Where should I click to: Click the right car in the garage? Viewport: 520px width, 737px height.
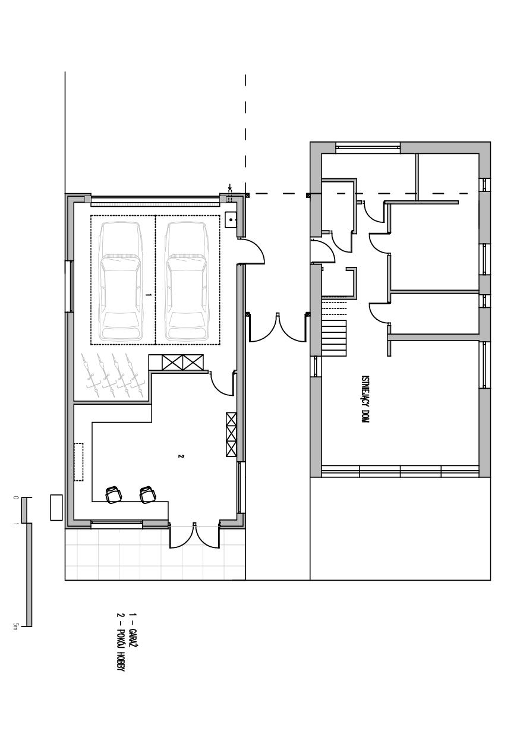[x=187, y=282]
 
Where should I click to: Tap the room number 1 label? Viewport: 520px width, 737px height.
[x=149, y=295]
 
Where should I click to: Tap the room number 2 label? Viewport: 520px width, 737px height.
[x=180, y=456]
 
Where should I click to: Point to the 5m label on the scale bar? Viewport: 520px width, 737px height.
[x=15, y=625]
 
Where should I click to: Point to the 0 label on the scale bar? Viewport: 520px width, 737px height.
[x=15, y=498]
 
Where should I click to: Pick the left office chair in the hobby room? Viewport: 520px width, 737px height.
[x=113, y=495]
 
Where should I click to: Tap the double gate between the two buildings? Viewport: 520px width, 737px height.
[x=278, y=327]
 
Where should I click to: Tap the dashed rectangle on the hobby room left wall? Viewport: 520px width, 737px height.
[x=78, y=462]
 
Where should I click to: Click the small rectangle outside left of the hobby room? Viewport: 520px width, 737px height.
[x=56, y=508]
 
